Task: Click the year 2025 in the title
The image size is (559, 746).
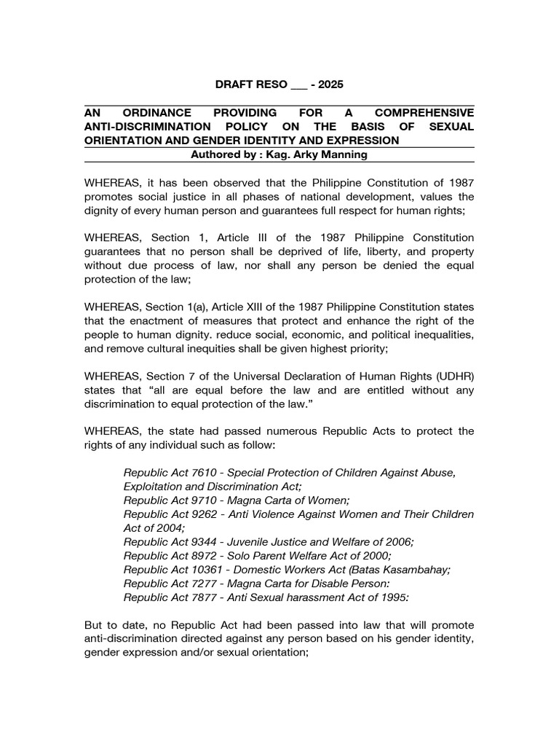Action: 329,85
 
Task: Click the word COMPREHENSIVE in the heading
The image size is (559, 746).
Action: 424,113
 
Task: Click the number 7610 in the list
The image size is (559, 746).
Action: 211,473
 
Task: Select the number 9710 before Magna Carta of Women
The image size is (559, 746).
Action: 211,500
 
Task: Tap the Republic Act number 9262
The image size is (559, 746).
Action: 211,514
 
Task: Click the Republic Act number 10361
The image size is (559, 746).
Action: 215,570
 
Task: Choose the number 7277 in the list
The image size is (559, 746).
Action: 211,584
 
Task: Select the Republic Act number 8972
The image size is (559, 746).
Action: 211,556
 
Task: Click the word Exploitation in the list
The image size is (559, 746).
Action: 154,487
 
